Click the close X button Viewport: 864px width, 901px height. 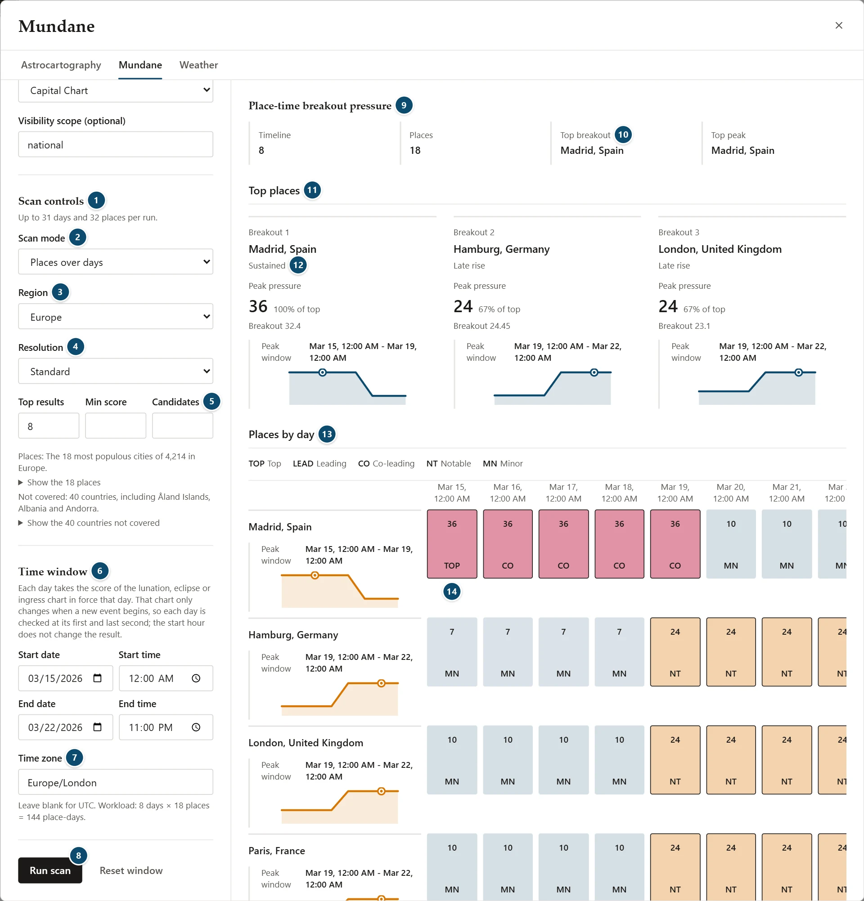pyautogui.click(x=838, y=25)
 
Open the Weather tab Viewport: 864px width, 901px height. pyautogui.click(x=198, y=65)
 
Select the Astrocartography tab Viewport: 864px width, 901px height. pyautogui.click(x=61, y=65)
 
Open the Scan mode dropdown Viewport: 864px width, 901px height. pyautogui.click(x=115, y=261)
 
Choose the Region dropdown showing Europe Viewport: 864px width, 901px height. pyautogui.click(x=115, y=316)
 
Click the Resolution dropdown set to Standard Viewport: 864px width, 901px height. pyautogui.click(x=115, y=371)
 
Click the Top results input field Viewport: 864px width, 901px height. pyautogui.click(x=49, y=426)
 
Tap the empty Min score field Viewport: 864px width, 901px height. pyautogui.click(x=115, y=426)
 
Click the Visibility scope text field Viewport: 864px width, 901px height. pyautogui.click(x=115, y=144)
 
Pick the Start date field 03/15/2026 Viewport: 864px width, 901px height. pyautogui.click(x=65, y=678)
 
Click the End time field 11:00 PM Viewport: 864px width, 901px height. pyautogui.click(x=166, y=727)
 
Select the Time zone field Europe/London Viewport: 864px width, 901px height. pyautogui.click(x=115, y=782)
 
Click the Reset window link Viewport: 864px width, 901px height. pyautogui.click(x=131, y=870)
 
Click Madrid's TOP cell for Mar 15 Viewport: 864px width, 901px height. pyautogui.click(x=452, y=544)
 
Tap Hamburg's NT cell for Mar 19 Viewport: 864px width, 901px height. pyautogui.click(x=675, y=652)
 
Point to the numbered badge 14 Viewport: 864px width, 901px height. pyautogui.click(x=452, y=592)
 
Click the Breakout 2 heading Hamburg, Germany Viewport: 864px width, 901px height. pyautogui.click(x=501, y=249)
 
